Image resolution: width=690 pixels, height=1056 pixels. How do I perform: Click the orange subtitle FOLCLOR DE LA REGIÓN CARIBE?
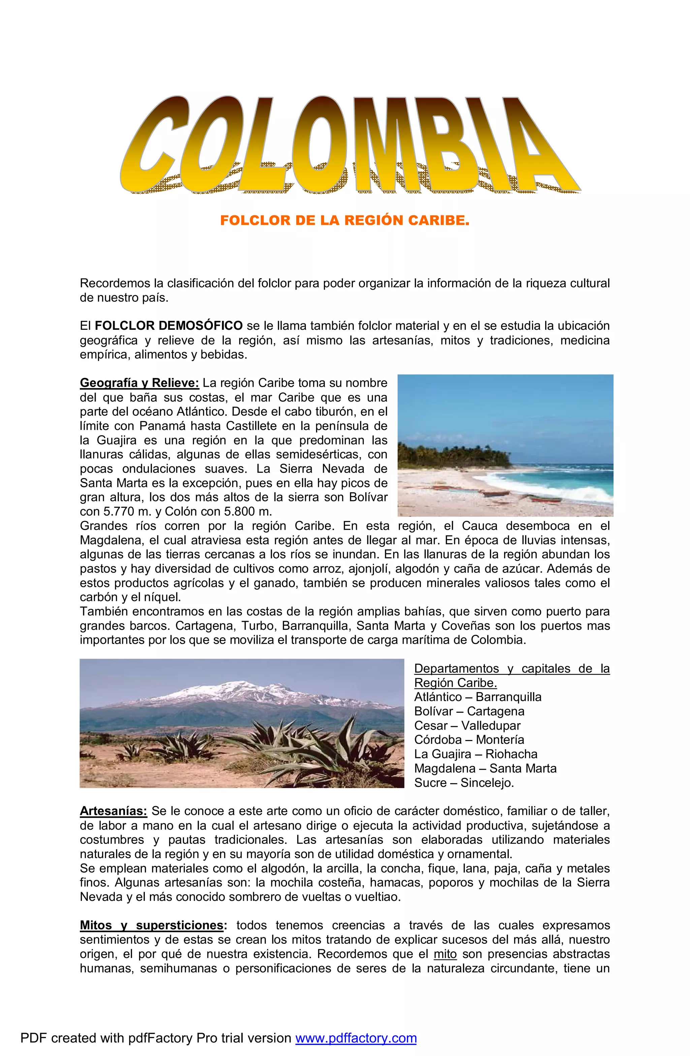(345, 221)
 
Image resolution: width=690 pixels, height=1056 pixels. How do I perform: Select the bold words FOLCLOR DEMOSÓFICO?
(168, 326)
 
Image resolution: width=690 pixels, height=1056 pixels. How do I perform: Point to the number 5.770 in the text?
(118, 511)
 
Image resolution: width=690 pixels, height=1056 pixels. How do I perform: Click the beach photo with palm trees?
(505, 445)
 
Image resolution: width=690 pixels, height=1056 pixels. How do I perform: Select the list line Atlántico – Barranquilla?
(478, 697)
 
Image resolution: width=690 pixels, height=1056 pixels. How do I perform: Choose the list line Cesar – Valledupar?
(467, 726)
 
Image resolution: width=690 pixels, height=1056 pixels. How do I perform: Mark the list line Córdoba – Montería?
(469, 740)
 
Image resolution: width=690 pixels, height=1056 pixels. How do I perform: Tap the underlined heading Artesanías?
(113, 811)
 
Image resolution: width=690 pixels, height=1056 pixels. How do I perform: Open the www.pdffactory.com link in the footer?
(356, 1038)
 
